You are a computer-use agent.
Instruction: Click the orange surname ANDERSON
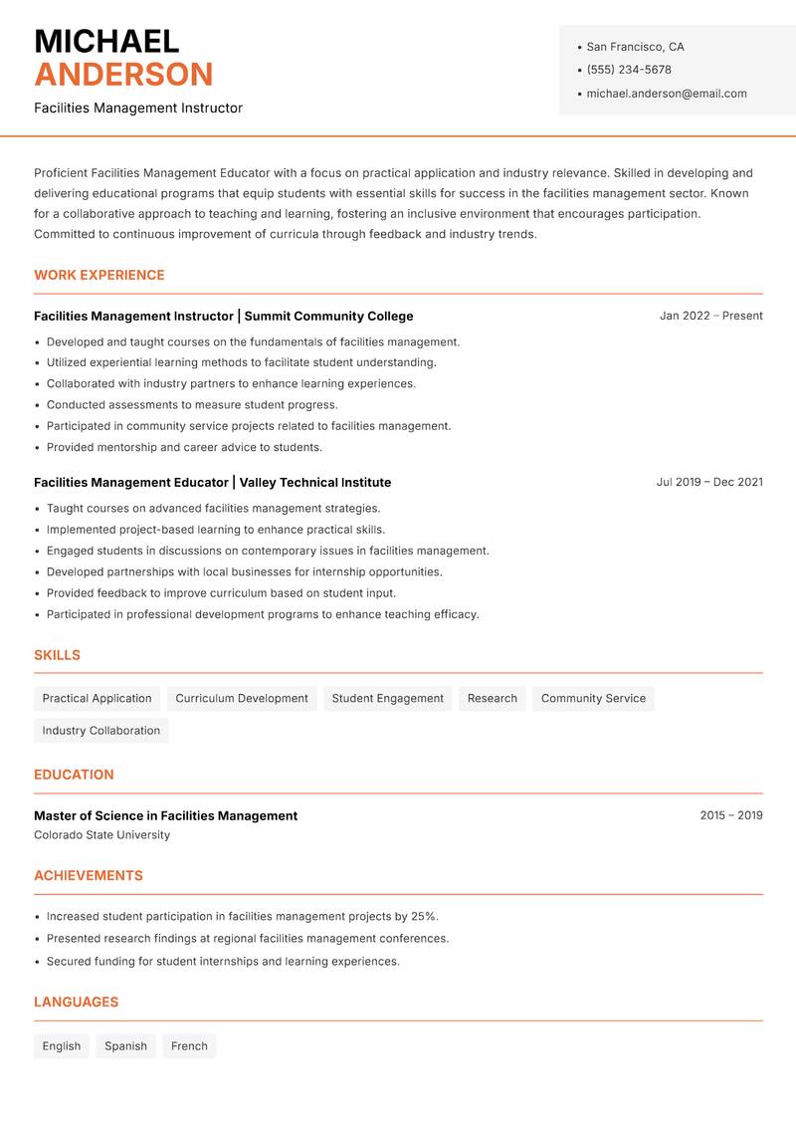[123, 75]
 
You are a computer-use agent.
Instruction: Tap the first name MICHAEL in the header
[106, 41]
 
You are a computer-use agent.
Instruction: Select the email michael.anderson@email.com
[667, 94]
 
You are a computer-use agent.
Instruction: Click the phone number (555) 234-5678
[629, 70]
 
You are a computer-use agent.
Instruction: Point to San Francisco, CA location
[635, 47]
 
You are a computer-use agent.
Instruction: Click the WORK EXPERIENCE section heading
[99, 275]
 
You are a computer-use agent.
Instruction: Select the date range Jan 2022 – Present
[710, 316]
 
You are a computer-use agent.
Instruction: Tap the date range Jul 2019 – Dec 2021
[709, 482]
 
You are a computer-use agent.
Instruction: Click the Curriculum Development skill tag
[242, 699]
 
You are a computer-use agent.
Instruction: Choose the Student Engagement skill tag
[387, 699]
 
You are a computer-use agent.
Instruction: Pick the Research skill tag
[493, 699]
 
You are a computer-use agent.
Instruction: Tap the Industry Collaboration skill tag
[101, 731]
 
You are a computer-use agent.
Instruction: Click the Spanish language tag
[125, 1046]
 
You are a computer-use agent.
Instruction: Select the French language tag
[189, 1046]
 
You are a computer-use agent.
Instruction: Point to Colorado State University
[101, 835]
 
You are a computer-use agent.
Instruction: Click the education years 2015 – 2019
[730, 815]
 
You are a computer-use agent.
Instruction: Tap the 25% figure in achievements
[423, 916]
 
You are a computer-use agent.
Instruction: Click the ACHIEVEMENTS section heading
[89, 876]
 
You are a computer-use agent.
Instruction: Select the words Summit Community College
[328, 316]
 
